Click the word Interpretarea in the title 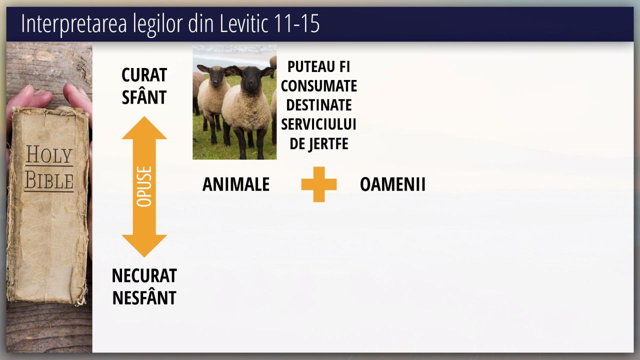[x=74, y=24]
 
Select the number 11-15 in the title [x=296, y=23]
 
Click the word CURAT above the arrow [x=144, y=75]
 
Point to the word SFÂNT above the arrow [x=144, y=97]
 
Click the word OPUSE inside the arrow [x=144, y=186]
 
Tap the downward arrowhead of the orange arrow [x=144, y=246]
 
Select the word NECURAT [x=144, y=275]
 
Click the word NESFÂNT [x=144, y=297]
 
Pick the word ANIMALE [x=236, y=184]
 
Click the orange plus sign [x=319, y=184]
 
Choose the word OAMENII [x=393, y=184]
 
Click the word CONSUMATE [x=319, y=85]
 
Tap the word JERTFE [x=328, y=143]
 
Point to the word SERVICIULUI [x=319, y=124]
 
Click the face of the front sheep [x=251, y=78]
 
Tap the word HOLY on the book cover [x=49, y=154]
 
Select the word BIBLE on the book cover [x=49, y=180]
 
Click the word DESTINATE [x=319, y=105]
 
